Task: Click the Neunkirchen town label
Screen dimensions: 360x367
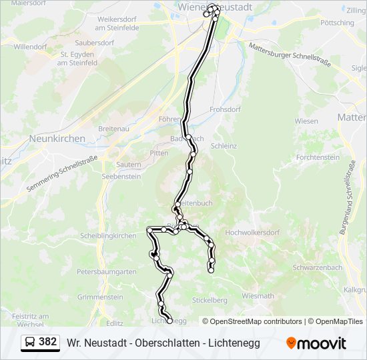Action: click(x=57, y=139)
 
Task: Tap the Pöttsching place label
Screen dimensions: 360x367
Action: click(x=337, y=23)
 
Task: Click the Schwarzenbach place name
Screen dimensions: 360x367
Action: click(x=317, y=267)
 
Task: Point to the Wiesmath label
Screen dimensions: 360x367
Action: click(x=258, y=295)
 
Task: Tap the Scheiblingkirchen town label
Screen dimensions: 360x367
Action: click(x=107, y=236)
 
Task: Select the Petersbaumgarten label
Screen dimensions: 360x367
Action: click(x=107, y=272)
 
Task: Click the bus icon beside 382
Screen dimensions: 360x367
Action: click(x=31, y=343)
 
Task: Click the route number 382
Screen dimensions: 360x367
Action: click(x=48, y=342)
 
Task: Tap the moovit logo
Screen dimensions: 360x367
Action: click(x=316, y=343)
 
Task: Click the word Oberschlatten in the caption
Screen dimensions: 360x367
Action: click(x=165, y=343)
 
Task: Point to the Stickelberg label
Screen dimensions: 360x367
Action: click(x=210, y=300)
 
